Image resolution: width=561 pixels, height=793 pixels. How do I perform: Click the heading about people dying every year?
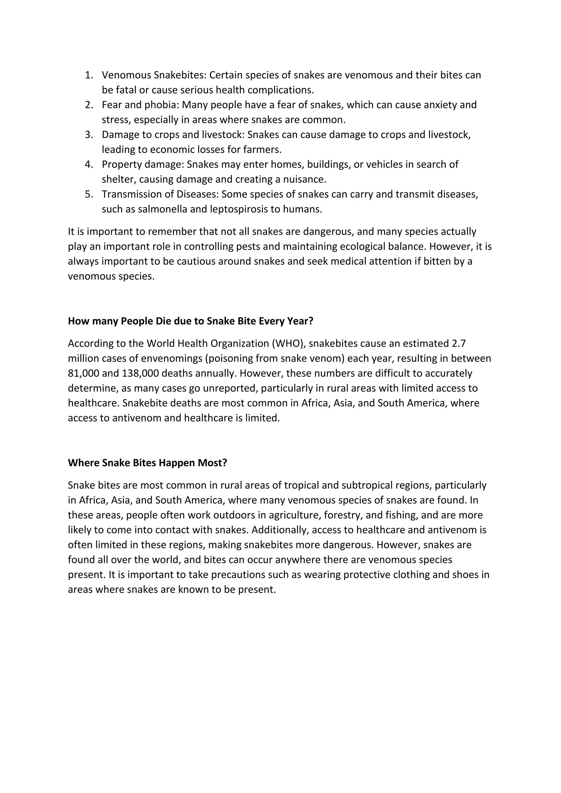190,321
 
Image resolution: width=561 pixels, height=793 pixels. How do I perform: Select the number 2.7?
459,344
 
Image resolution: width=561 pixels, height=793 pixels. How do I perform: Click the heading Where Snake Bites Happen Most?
147,463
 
